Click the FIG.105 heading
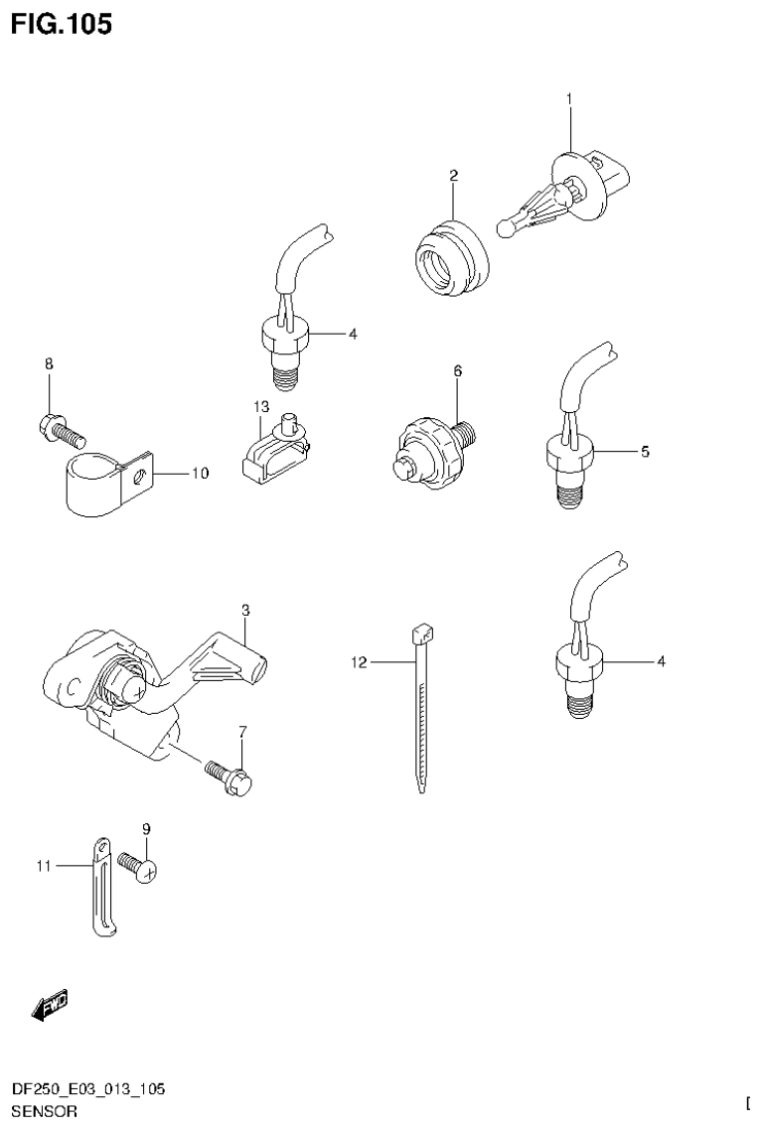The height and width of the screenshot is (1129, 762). (62, 23)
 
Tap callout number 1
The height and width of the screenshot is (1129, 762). (569, 98)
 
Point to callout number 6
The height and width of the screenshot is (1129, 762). (458, 370)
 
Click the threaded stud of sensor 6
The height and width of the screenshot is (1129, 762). (468, 432)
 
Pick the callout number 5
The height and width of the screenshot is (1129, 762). (645, 452)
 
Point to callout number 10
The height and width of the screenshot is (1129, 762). (200, 475)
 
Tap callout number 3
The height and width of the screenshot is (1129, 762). (245, 608)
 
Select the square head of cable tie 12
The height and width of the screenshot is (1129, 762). (420, 632)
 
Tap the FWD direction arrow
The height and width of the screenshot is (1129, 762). (49, 1007)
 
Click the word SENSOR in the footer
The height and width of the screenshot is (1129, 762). (43, 1112)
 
